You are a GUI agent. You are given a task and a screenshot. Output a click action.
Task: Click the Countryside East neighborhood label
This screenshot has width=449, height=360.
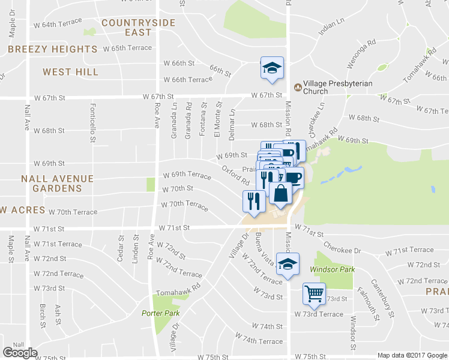click(138, 28)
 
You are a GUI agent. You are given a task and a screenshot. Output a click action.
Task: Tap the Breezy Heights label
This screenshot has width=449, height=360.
click(53, 49)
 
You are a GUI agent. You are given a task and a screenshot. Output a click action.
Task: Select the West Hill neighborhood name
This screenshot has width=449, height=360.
click(70, 72)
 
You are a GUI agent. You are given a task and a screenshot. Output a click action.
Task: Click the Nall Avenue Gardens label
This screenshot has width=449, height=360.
click(57, 184)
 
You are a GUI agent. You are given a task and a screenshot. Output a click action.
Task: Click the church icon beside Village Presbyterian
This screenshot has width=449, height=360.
click(297, 87)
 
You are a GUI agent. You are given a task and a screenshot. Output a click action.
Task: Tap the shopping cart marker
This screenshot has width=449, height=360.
click(314, 293)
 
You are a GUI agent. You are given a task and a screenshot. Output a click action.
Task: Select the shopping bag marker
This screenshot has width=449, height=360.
click(280, 193)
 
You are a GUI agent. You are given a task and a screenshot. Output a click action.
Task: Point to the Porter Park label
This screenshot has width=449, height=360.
click(157, 313)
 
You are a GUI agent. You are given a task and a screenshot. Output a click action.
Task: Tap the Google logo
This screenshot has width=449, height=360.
click(20, 353)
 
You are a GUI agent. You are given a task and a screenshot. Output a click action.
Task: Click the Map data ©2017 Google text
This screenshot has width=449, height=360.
click(412, 355)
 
